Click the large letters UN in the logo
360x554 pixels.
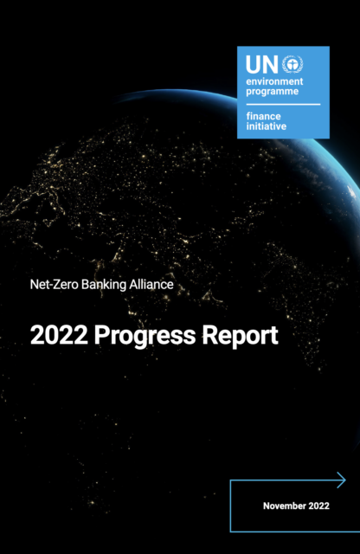pos(262,65)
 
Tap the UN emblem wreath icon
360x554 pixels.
pos(292,64)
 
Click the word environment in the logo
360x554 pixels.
pos(274,81)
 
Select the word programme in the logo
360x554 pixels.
pos(273,92)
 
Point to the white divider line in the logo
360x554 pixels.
pos(283,105)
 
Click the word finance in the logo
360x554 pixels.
pos(264,116)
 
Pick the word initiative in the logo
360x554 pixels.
pos(267,126)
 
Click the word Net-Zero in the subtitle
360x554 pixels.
pos(55,285)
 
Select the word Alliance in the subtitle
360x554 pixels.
pos(151,285)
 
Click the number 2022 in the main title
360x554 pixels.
pos(59,335)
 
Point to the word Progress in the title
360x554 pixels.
pos(145,336)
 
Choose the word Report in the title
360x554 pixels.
pos(241,336)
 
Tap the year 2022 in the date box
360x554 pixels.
pos(319,506)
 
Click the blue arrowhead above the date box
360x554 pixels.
pos(341,480)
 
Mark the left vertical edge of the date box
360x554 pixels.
pos(230,506)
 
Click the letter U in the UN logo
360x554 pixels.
pos(254,65)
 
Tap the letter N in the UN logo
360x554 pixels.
pos(271,65)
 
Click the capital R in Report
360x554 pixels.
pos(209,335)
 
